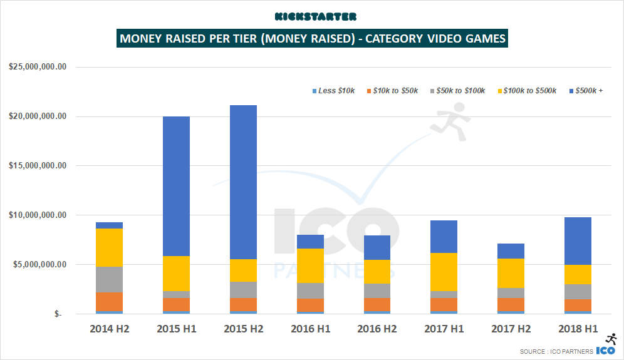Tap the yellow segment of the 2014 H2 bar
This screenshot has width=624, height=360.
click(109, 247)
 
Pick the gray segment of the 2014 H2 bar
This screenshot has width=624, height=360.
click(109, 279)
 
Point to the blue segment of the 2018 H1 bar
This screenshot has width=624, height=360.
click(574, 241)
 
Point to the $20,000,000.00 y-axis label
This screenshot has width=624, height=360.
click(38, 116)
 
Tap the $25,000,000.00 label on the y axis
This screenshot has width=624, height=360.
click(38, 67)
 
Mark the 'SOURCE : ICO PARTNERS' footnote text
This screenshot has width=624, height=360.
click(556, 352)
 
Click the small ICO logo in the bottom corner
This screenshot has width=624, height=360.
click(605, 351)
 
